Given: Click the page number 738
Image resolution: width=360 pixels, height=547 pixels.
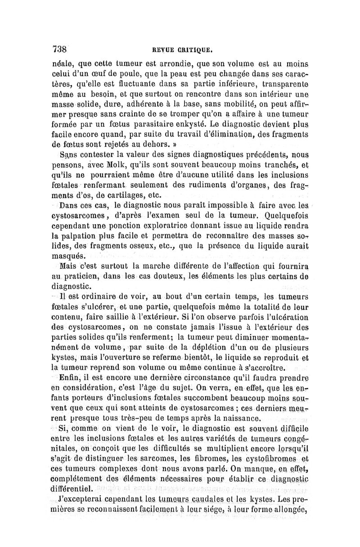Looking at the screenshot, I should (59, 49).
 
